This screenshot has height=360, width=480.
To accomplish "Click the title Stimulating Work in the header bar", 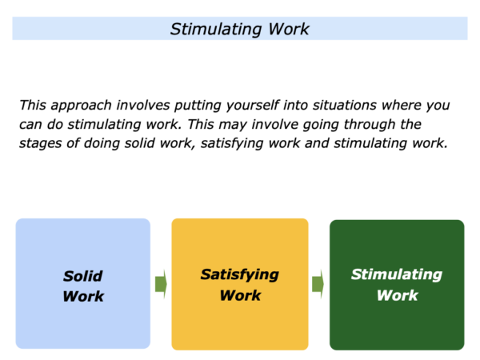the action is [240, 30].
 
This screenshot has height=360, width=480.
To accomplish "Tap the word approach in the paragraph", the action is [81, 106].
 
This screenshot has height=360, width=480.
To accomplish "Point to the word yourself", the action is [253, 106].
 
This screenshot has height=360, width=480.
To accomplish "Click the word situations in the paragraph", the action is [344, 105].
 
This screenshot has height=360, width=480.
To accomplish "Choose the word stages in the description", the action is [41, 143].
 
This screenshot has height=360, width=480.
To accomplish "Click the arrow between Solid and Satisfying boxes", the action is [161, 284].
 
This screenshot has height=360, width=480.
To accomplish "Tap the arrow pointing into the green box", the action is [318, 284].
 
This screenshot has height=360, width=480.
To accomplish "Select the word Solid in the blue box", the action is [83, 276].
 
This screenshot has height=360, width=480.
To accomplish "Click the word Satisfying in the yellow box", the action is [240, 275].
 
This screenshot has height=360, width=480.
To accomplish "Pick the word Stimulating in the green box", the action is [397, 275].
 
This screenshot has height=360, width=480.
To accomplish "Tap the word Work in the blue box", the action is [83, 296].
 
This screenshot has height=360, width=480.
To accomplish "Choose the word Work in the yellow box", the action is [240, 295].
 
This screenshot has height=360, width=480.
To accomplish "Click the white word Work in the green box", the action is [398, 295].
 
